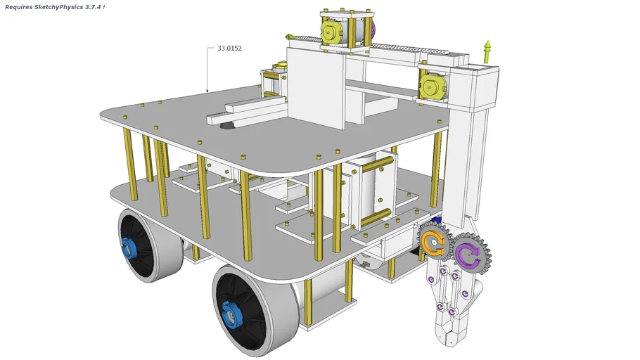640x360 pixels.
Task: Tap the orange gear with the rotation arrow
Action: coord(433,244)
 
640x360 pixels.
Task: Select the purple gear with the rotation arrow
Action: coord(468,254)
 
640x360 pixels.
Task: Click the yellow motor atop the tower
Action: coord(333,32)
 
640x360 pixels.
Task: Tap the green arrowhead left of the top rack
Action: coord(289,37)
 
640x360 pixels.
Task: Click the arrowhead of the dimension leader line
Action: coord(207,91)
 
